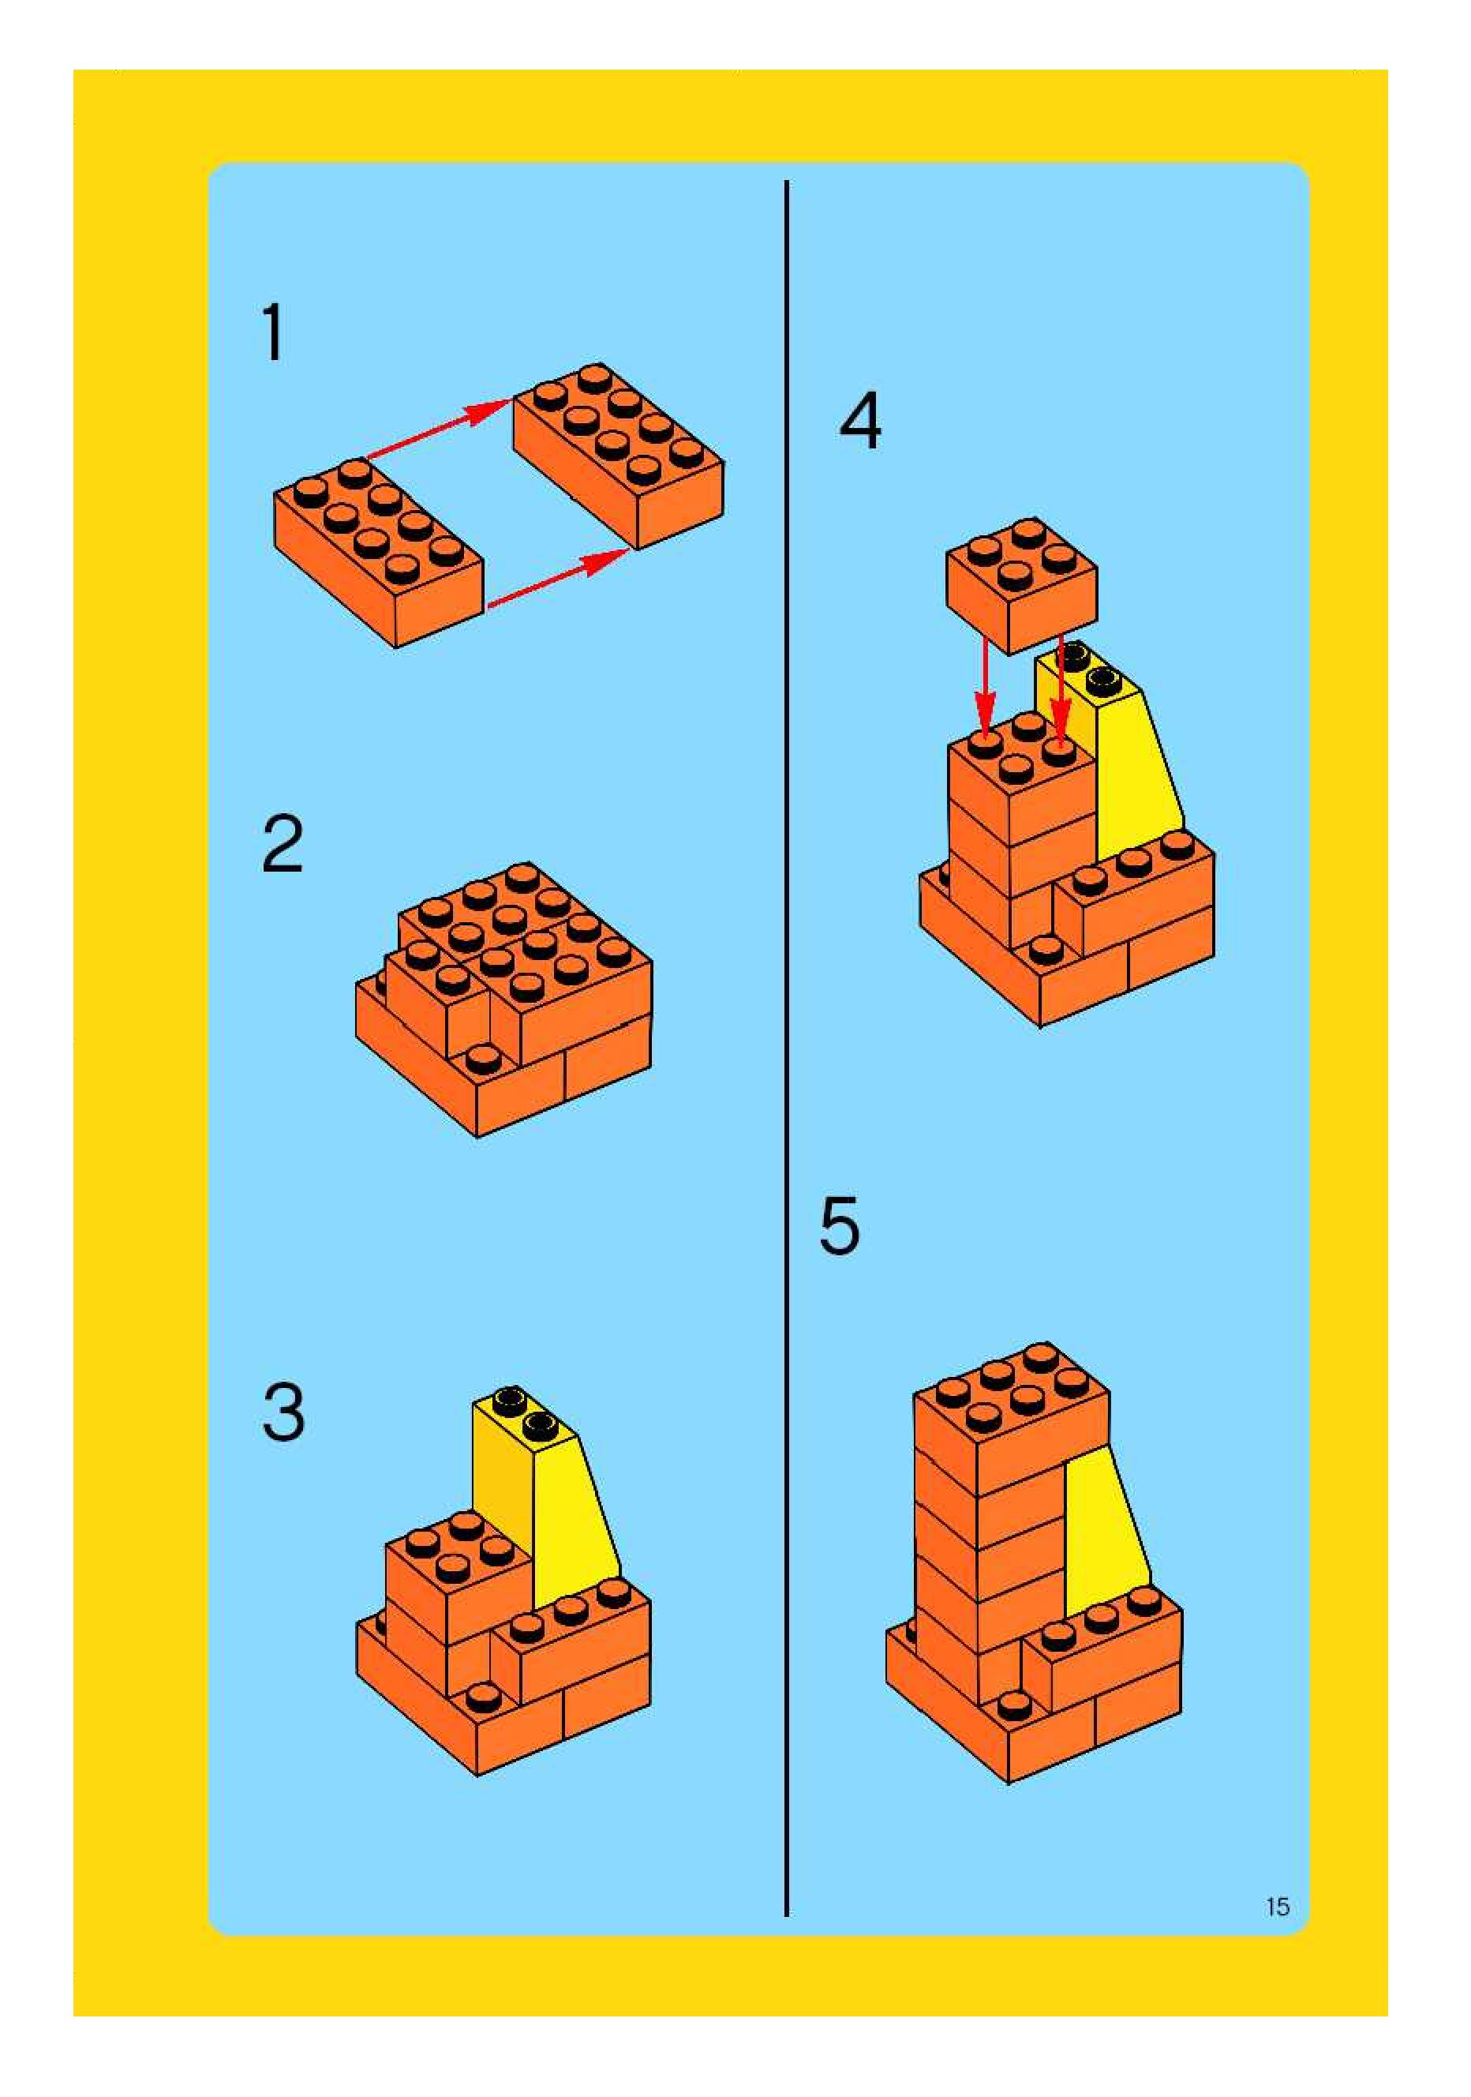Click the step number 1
(x=274, y=332)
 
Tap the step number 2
(x=283, y=844)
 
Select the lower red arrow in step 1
(x=558, y=578)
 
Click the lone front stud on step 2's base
(x=483, y=1061)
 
